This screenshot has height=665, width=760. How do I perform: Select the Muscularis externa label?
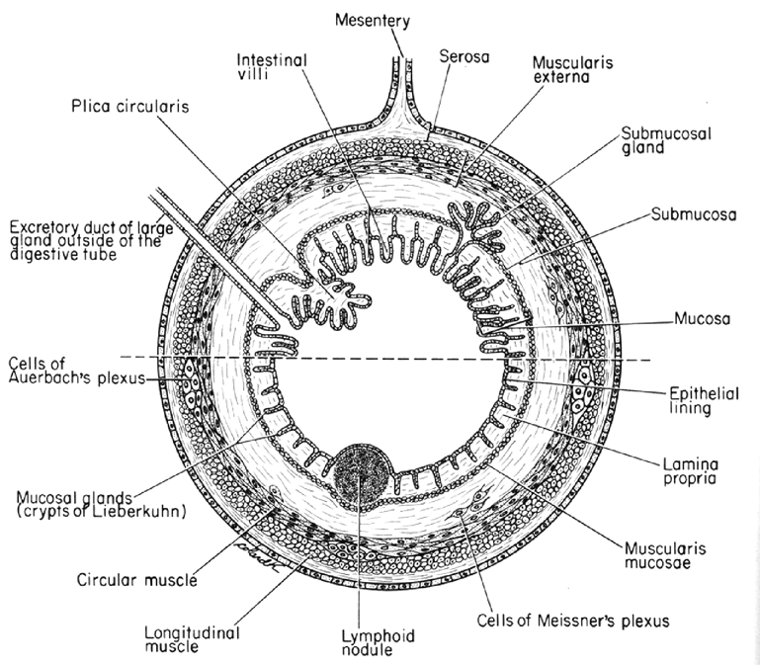[583, 71]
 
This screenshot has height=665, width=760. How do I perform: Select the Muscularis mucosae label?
[662, 554]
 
